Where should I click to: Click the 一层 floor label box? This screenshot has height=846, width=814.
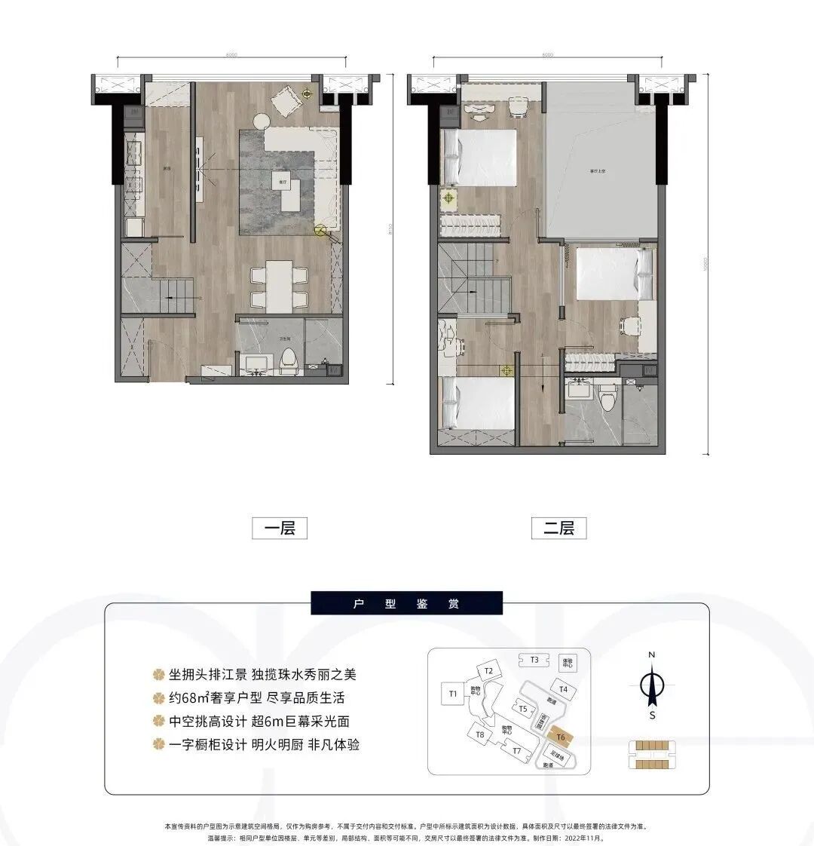pos(279,528)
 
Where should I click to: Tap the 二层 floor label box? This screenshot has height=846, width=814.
pos(558,528)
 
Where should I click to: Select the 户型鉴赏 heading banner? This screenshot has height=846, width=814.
pos(406,603)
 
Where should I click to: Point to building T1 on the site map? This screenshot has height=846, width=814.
pos(453,693)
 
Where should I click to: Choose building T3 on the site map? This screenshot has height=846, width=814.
pos(534,660)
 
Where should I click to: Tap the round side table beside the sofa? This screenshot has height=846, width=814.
pos(261,119)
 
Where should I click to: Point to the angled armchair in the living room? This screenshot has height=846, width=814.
pos(286,100)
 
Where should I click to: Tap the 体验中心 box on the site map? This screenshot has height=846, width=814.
pos(568,663)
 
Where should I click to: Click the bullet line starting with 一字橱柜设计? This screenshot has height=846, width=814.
pos(256,744)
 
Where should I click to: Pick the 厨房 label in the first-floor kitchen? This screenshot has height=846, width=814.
pos(165,169)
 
